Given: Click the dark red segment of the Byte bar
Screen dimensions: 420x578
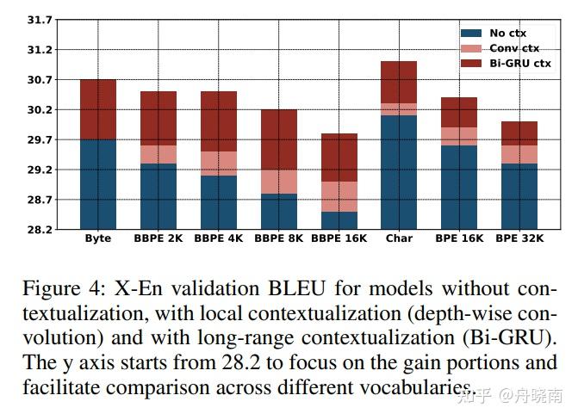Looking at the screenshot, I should pyautogui.click(x=97, y=109).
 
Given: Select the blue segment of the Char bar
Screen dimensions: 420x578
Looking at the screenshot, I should pyautogui.click(x=399, y=172).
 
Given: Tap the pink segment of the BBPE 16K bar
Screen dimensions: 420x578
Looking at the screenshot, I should pyautogui.click(x=339, y=196).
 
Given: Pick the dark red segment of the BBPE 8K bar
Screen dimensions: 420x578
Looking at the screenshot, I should pyautogui.click(x=278, y=139).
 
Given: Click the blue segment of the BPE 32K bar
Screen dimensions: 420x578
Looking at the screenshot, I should pyautogui.click(x=519, y=196).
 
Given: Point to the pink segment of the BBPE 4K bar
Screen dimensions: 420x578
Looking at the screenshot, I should pyautogui.click(x=218, y=164).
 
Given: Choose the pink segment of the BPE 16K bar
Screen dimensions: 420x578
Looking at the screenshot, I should pyautogui.click(x=459, y=136).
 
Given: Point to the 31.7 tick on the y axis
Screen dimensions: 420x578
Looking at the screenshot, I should pyautogui.click(x=40, y=20).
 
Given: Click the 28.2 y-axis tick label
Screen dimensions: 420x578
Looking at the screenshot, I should pyautogui.click(x=40, y=230).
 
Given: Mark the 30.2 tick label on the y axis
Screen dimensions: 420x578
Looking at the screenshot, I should pyautogui.click(x=40, y=110).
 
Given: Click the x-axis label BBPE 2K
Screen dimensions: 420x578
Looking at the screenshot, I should pyautogui.click(x=158, y=238).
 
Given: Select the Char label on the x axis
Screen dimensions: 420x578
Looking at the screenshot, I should pyautogui.click(x=399, y=238).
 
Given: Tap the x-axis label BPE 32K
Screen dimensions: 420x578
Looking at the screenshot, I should pyautogui.click(x=519, y=238).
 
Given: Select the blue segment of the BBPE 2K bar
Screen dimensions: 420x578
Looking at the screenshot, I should pyautogui.click(x=158, y=196).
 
